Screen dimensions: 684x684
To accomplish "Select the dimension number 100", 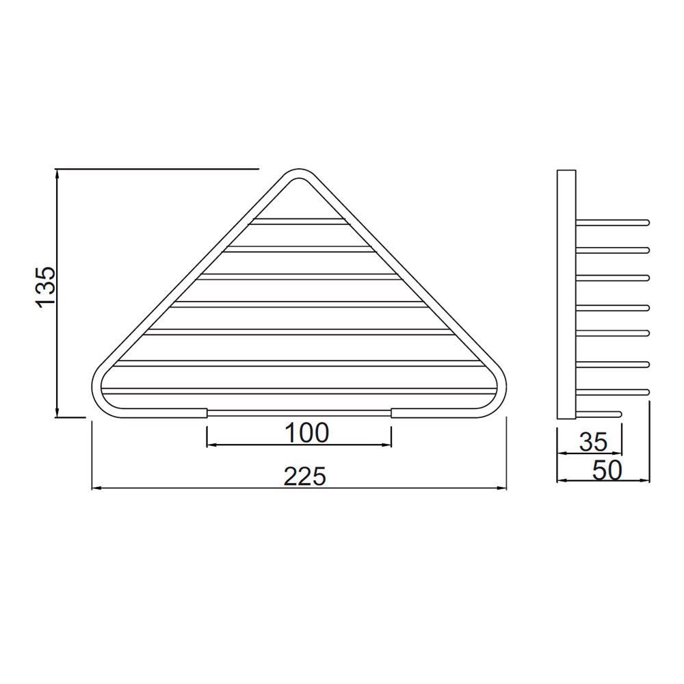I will (x=306, y=432).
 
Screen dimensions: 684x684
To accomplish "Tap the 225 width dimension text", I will (x=305, y=475).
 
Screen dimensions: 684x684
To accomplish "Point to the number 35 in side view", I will (x=593, y=442).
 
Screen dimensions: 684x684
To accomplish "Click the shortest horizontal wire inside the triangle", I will (x=299, y=221).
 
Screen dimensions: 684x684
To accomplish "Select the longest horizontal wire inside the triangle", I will (x=299, y=391).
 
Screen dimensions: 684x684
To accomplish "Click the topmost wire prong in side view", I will (x=612, y=222).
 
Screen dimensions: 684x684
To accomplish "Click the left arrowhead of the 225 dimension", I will (x=95, y=488).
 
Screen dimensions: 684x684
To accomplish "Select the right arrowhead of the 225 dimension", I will (x=503, y=488).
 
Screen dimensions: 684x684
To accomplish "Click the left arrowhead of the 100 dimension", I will (x=211, y=445).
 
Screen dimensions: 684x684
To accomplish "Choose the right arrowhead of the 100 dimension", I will (x=388, y=445).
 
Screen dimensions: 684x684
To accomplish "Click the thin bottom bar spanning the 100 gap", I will (x=299, y=412).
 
